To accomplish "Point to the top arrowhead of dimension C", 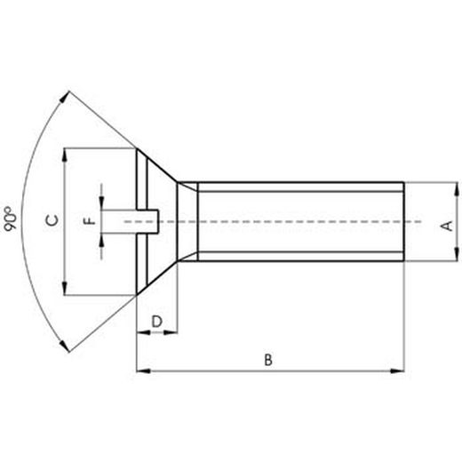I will [65, 155].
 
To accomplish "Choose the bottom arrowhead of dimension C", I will [65, 288].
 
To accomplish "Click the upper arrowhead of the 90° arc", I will [64, 95].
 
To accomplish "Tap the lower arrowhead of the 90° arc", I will [64, 347].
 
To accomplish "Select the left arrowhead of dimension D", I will [140, 332].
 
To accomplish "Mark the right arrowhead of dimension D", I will [172, 332].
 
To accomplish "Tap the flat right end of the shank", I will [405, 221].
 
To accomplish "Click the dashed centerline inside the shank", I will [293, 220].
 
